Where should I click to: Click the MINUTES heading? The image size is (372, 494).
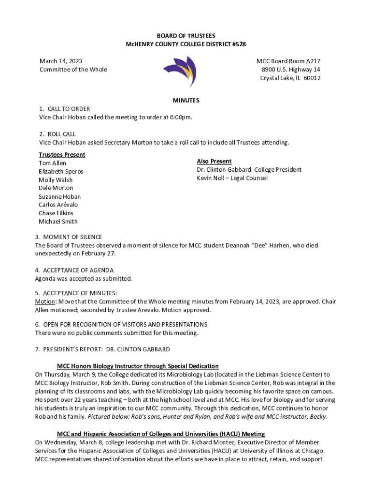coord(186,100)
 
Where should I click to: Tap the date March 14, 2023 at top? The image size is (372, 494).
coord(60,61)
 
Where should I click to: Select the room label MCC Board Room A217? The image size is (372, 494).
coord(288,61)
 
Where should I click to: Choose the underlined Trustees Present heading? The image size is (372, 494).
coord(62,155)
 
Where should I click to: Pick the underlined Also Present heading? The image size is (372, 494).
coord(214,161)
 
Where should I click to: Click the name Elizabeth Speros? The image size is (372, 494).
coord(61,172)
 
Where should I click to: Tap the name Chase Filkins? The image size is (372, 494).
coord(56,213)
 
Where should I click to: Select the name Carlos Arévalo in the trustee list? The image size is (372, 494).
coord(58,205)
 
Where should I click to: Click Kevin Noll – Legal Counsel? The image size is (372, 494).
coord(232,178)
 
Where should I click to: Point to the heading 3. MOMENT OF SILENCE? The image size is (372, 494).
coord(69,237)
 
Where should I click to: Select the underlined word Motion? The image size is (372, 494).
coord(44,302)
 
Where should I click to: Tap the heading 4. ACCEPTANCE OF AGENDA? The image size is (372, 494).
coord(74,271)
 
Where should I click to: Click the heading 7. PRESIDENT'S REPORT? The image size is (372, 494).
coord(102,349)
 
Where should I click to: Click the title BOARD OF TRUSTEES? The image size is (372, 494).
coord(186,36)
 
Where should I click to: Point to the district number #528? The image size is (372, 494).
coord(237,44)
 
